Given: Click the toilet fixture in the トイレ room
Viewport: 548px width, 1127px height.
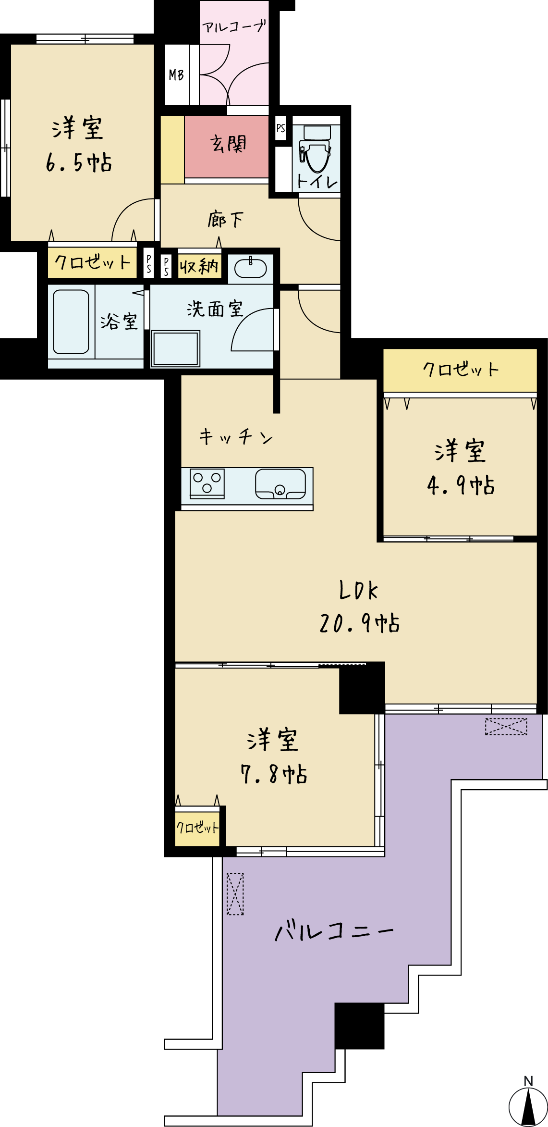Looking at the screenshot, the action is pyautogui.click(x=315, y=149).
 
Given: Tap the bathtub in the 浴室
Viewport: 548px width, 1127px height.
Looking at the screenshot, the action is pyautogui.click(x=71, y=322).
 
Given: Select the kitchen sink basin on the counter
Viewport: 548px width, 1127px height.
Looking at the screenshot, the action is pyautogui.click(x=280, y=483).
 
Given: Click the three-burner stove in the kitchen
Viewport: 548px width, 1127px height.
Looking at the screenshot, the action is pyautogui.click(x=207, y=483).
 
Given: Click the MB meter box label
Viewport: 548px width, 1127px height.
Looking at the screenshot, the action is pyautogui.click(x=176, y=75).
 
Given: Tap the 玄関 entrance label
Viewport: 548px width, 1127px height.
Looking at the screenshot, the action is pyautogui.click(x=228, y=144).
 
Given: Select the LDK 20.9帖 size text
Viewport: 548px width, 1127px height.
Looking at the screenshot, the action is pyautogui.click(x=359, y=623).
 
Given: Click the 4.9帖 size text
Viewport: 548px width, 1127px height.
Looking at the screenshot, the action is pyautogui.click(x=461, y=485).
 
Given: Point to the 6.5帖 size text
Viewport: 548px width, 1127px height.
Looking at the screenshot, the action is pyautogui.click(x=79, y=162).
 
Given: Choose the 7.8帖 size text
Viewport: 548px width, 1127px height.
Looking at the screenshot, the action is pyautogui.click(x=274, y=774).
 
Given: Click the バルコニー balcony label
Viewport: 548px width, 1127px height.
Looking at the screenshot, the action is pyautogui.click(x=334, y=931).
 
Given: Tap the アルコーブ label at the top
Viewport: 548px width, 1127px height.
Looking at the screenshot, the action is pyautogui.click(x=234, y=26).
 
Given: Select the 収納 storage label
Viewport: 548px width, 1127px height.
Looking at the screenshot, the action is pyautogui.click(x=199, y=266).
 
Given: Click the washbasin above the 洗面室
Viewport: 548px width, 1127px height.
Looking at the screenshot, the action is pyautogui.click(x=250, y=268).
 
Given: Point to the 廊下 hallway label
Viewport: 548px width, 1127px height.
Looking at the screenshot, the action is pyautogui.click(x=226, y=220).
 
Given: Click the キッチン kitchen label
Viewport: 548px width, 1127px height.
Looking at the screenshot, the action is pyautogui.click(x=236, y=437).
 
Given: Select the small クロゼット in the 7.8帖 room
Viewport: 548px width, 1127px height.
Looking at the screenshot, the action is pyautogui.click(x=197, y=827).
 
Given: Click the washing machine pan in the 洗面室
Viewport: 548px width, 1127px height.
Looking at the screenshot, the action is pyautogui.click(x=175, y=349).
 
